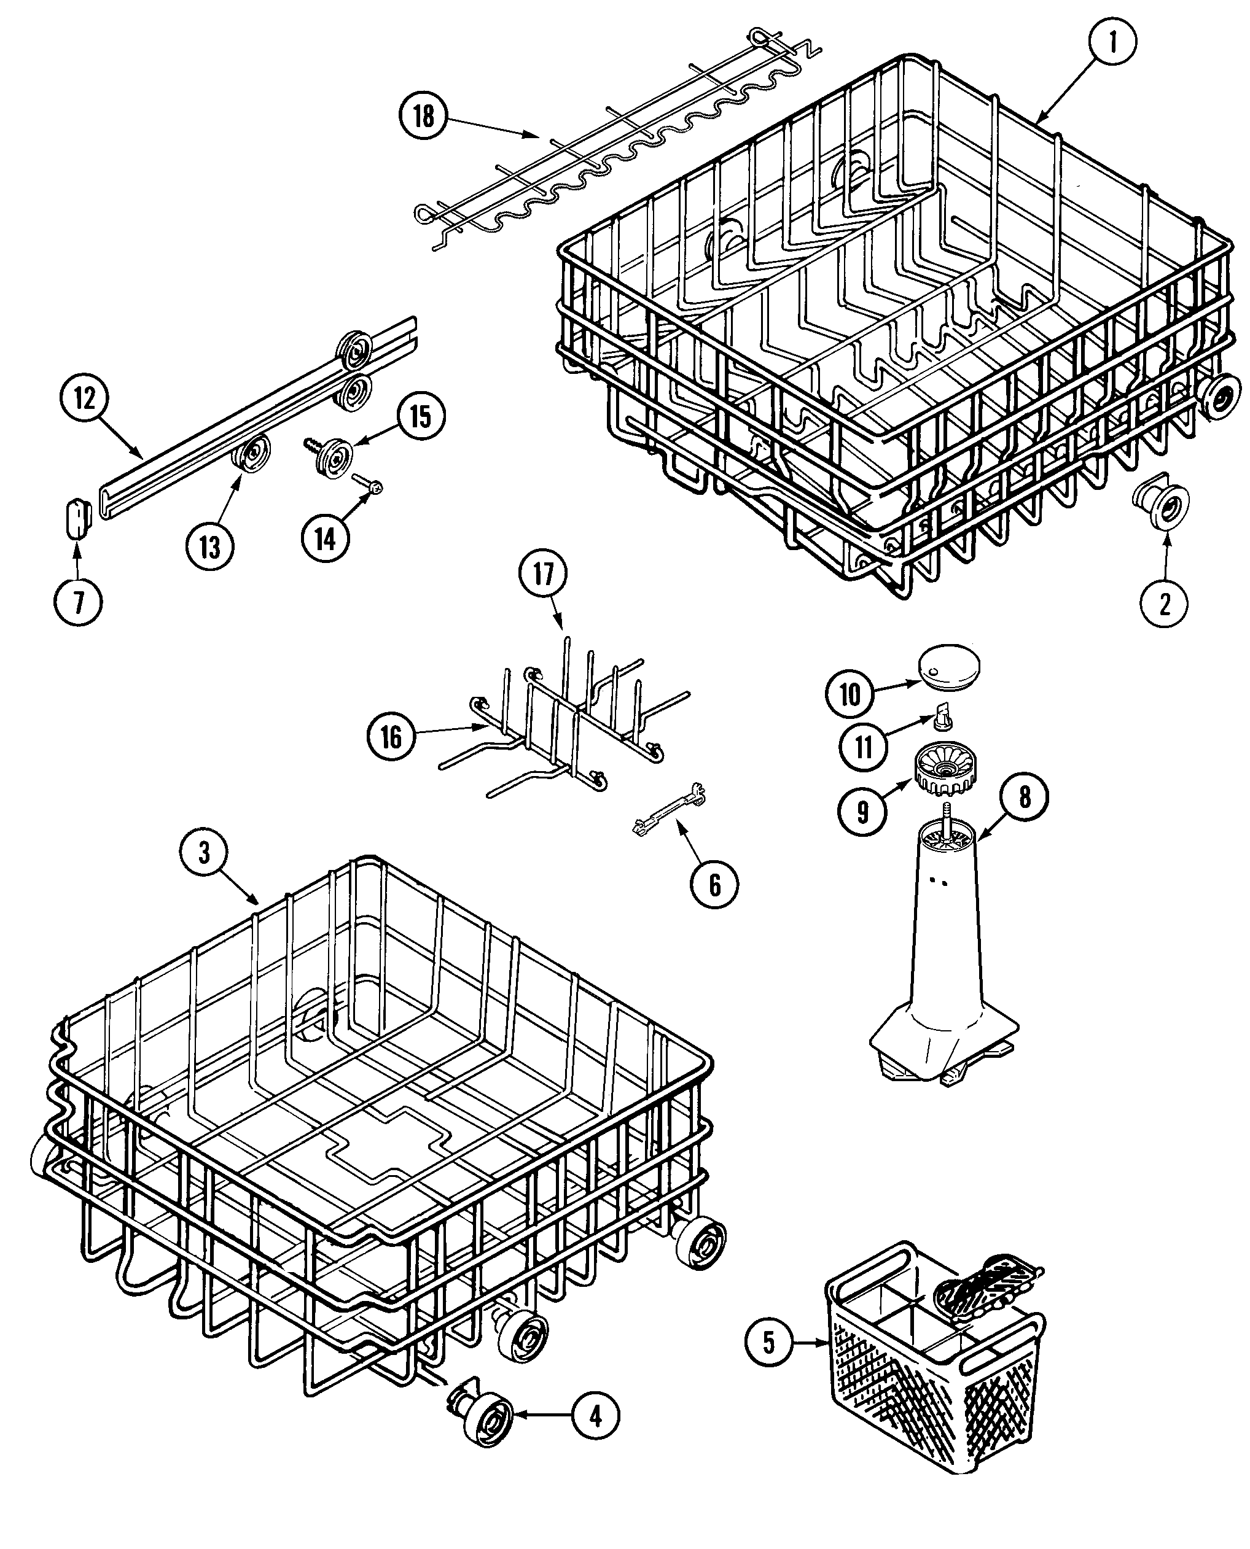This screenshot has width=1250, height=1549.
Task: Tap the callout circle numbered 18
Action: tap(423, 115)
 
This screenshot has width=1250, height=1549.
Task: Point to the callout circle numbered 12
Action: tap(84, 397)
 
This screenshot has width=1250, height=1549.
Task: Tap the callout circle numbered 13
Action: tap(209, 546)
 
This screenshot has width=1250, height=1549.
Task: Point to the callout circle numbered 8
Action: tap(1024, 797)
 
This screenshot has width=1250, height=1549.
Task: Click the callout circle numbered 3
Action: tap(204, 853)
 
